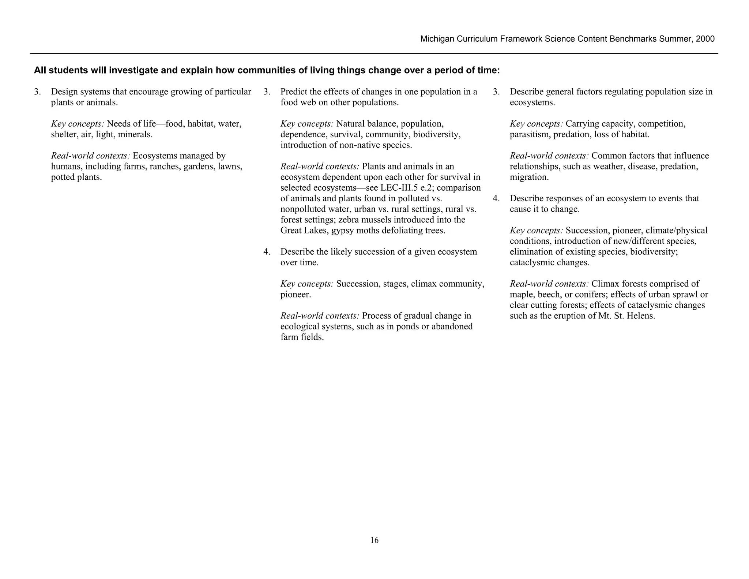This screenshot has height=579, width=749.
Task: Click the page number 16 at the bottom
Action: (374, 540)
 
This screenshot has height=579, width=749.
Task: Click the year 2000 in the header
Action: (705, 39)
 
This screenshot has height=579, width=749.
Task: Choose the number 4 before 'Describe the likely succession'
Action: (267, 252)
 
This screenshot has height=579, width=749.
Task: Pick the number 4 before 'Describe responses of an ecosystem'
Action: (496, 198)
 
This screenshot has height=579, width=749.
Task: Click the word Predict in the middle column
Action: (294, 92)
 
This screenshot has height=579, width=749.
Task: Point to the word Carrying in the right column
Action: (582, 124)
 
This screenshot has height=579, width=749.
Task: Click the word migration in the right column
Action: (528, 177)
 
